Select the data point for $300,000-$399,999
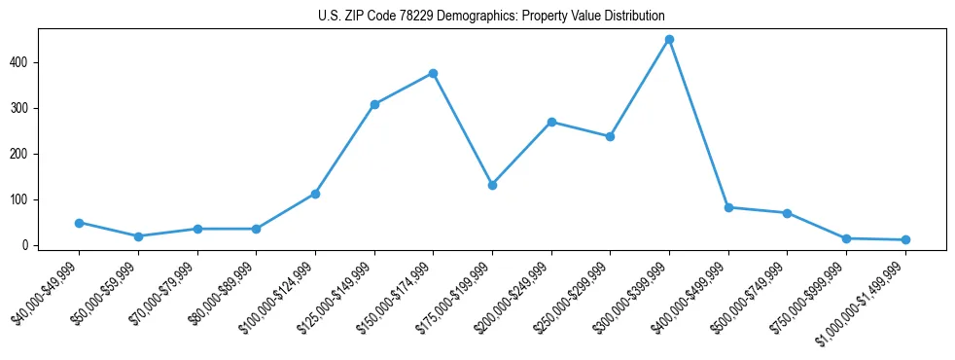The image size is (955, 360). pos(669,40)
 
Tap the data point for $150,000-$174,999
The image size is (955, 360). pos(433,73)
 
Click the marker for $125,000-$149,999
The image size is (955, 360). pos(374,104)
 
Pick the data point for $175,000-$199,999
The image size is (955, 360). pos(492,185)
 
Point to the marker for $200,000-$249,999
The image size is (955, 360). pos(551,122)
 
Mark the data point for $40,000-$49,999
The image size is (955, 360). pos(79,223)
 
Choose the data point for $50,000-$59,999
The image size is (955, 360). pos(138,236)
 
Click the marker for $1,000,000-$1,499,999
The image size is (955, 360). pos(905,239)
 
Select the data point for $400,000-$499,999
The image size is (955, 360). pos(728,207)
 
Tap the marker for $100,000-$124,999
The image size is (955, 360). pos(315,194)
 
